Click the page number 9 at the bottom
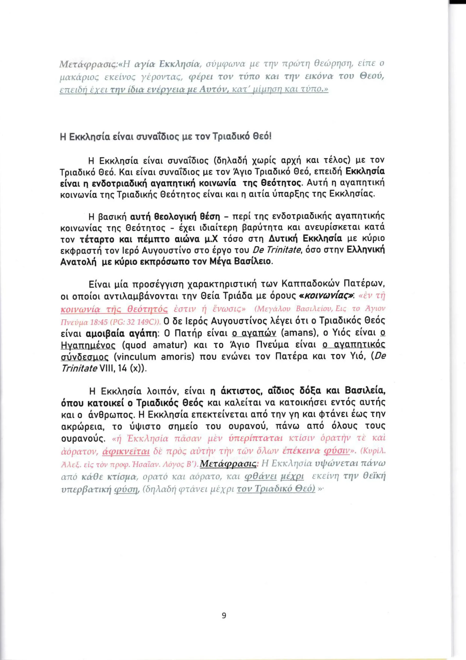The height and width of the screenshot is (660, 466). (224, 615)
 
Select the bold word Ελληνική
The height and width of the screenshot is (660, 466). (366, 250)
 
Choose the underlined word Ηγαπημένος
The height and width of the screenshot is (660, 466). (88, 345)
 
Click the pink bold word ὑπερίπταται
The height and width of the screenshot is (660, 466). (256, 438)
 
